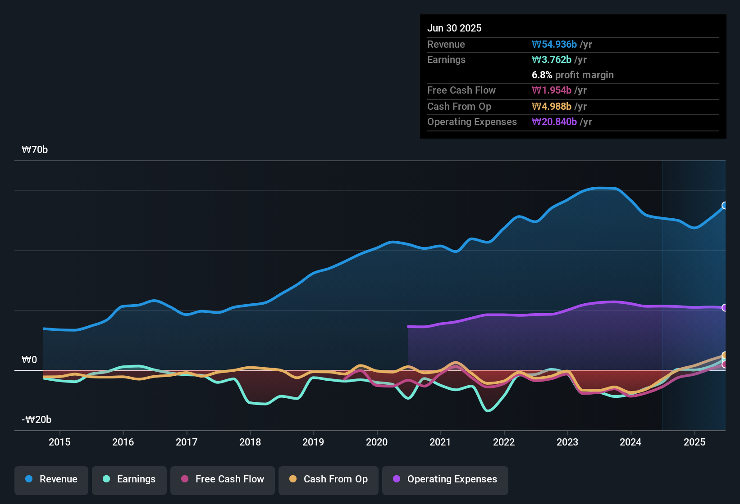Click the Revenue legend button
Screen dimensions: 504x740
pyautogui.click(x=51, y=479)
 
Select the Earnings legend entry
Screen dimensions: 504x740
pyautogui.click(x=129, y=479)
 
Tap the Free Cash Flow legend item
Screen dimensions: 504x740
pyautogui.click(x=223, y=479)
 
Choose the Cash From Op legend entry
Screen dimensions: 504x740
pyautogui.click(x=329, y=479)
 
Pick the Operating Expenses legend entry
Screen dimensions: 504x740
pyautogui.click(x=445, y=479)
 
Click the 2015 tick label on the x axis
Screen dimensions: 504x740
pyautogui.click(x=59, y=442)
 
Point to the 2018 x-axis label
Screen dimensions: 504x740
pyautogui.click(x=250, y=442)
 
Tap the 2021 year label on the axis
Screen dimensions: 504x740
pyautogui.click(x=440, y=442)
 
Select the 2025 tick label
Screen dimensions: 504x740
pyautogui.click(x=694, y=442)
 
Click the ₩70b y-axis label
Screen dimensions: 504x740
pyautogui.click(x=35, y=150)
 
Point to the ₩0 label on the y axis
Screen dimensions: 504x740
pyautogui.click(x=29, y=360)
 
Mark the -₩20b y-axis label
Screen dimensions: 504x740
pyautogui.click(x=37, y=420)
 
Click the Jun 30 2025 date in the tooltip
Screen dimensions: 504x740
pyautogui.click(x=454, y=28)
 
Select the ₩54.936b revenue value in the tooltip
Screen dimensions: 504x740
pyautogui.click(x=554, y=44)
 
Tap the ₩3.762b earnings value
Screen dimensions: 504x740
pyautogui.click(x=552, y=59)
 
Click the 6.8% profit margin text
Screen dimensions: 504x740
pyautogui.click(x=572, y=75)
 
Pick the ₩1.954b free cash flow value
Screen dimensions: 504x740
pyautogui.click(x=552, y=90)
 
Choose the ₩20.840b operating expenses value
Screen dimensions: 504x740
pyautogui.click(x=554, y=121)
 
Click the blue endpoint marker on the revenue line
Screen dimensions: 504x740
pyautogui.click(x=725, y=206)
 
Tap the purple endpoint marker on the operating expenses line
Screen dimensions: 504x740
pyautogui.click(x=725, y=308)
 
